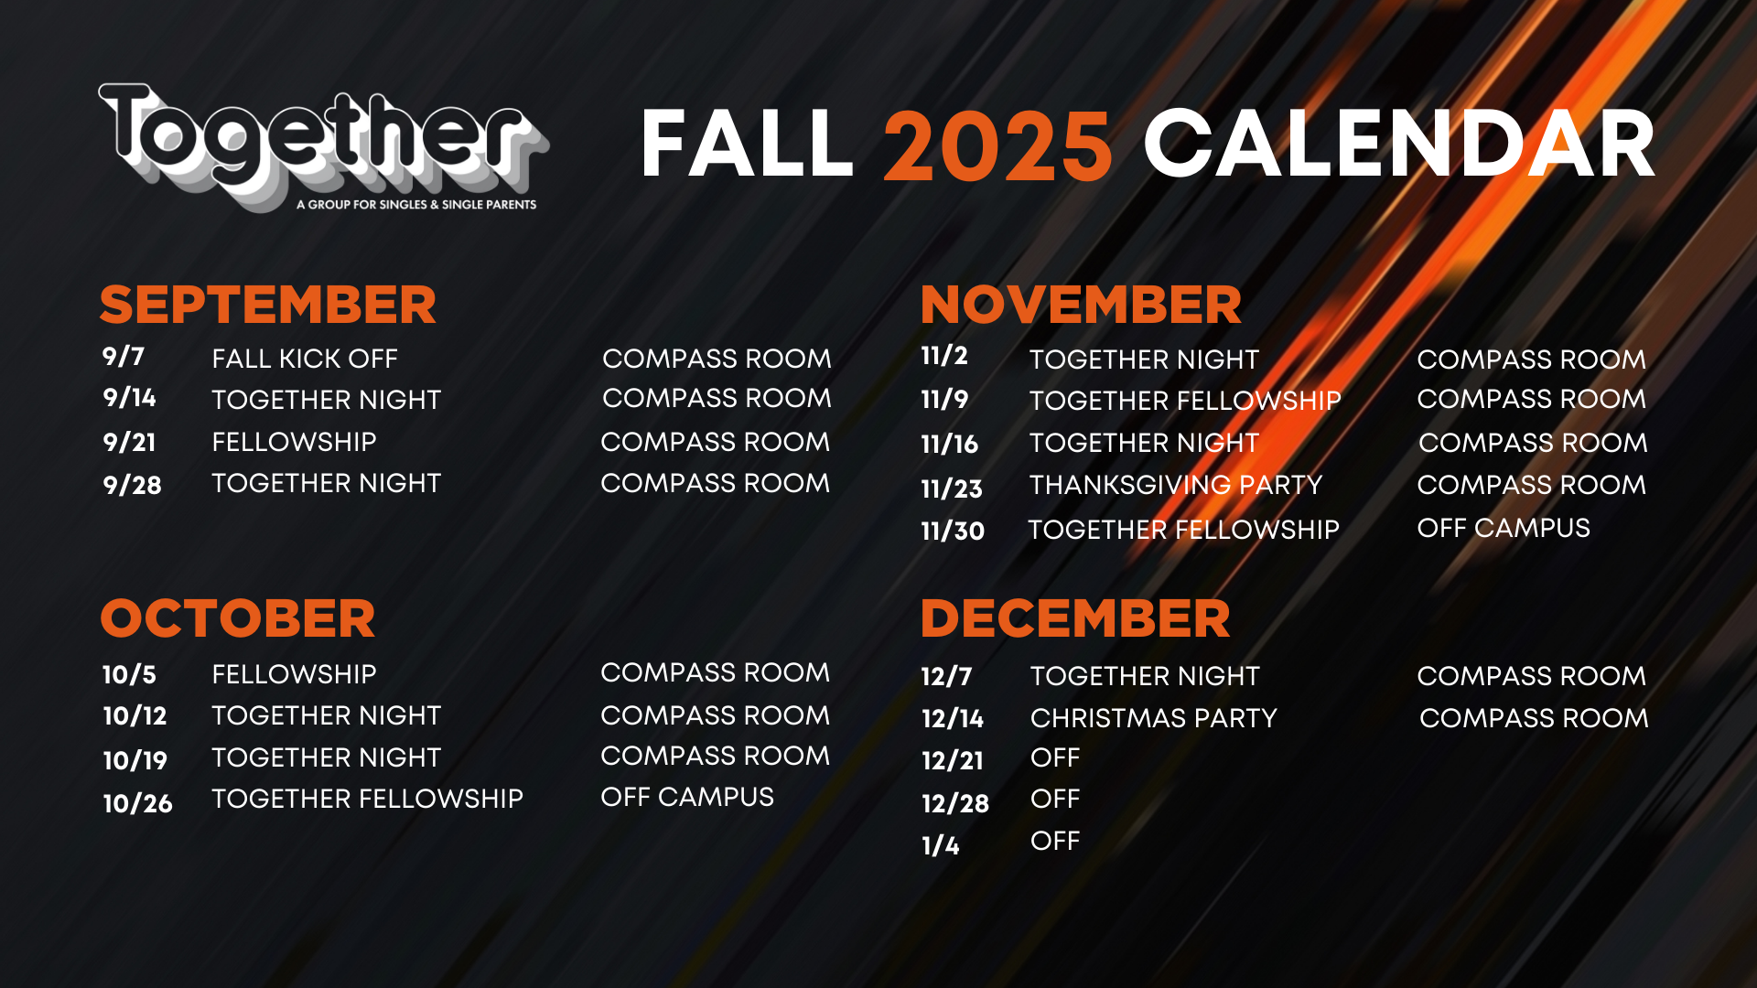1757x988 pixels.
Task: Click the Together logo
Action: click(x=323, y=146)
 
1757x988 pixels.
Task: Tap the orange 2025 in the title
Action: click(x=997, y=145)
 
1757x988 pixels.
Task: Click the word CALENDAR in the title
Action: click(x=1400, y=145)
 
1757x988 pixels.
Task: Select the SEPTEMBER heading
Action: click(x=268, y=305)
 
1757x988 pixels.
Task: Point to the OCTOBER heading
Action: click(x=238, y=618)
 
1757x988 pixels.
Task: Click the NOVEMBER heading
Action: click(x=1081, y=305)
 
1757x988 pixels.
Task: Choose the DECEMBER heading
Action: click(x=1075, y=618)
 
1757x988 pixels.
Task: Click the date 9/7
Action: click(x=124, y=356)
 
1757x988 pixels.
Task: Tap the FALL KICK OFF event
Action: click(x=305, y=359)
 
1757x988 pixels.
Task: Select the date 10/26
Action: click(x=137, y=803)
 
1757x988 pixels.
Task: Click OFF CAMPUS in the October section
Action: click(x=687, y=797)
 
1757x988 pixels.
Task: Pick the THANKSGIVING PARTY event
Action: click(x=1176, y=485)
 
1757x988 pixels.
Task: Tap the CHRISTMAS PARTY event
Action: click(x=1154, y=718)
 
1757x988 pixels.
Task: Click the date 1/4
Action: click(x=941, y=845)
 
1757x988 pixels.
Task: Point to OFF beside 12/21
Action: click(x=1055, y=757)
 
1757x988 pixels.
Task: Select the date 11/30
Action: click(x=953, y=531)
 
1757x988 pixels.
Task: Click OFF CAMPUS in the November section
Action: click(x=1504, y=528)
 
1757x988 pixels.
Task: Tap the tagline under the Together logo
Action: click(x=416, y=204)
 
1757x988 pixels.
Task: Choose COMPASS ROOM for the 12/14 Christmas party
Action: click(x=1534, y=718)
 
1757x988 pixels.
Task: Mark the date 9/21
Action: click(x=129, y=443)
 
